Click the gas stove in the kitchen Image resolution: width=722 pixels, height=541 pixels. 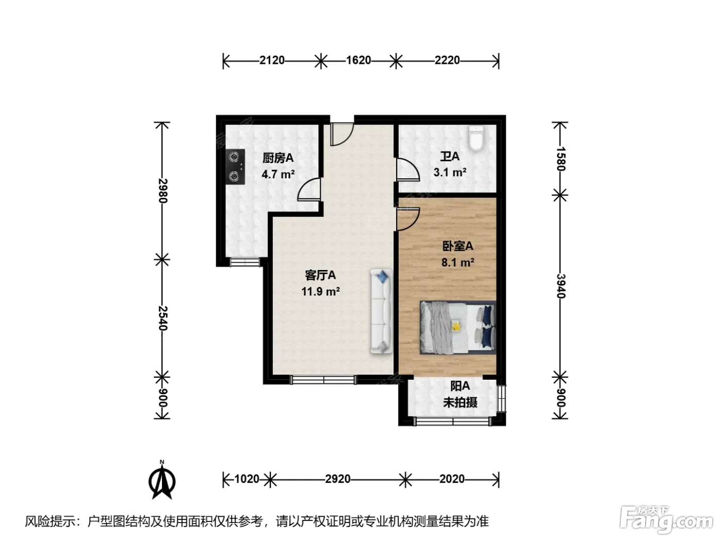pyautogui.click(x=236, y=166)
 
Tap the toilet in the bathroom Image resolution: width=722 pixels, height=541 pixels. pyautogui.click(x=476, y=138)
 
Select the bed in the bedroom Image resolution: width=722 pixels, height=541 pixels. pyautogui.click(x=457, y=327)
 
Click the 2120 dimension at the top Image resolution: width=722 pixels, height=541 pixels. pyautogui.click(x=272, y=60)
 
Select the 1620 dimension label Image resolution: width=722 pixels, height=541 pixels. pyautogui.click(x=358, y=60)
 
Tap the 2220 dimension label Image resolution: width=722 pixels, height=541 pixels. pyautogui.click(x=447, y=60)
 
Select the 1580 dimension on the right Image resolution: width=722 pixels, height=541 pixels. pyautogui.click(x=561, y=159)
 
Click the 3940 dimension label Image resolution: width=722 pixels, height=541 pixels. pyautogui.click(x=561, y=286)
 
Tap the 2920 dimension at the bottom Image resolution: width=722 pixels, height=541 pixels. pyautogui.click(x=338, y=479)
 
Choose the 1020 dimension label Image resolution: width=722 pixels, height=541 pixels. pyautogui.click(x=247, y=479)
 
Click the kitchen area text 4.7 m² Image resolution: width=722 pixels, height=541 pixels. pyautogui.click(x=278, y=174)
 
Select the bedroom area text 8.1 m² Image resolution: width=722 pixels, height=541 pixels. pyautogui.click(x=457, y=262)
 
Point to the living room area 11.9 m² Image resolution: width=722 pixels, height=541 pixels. pyautogui.click(x=320, y=291)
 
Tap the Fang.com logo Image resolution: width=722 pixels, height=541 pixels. pyautogui.click(x=666, y=519)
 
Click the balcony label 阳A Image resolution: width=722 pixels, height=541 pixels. pyautogui.click(x=460, y=386)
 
